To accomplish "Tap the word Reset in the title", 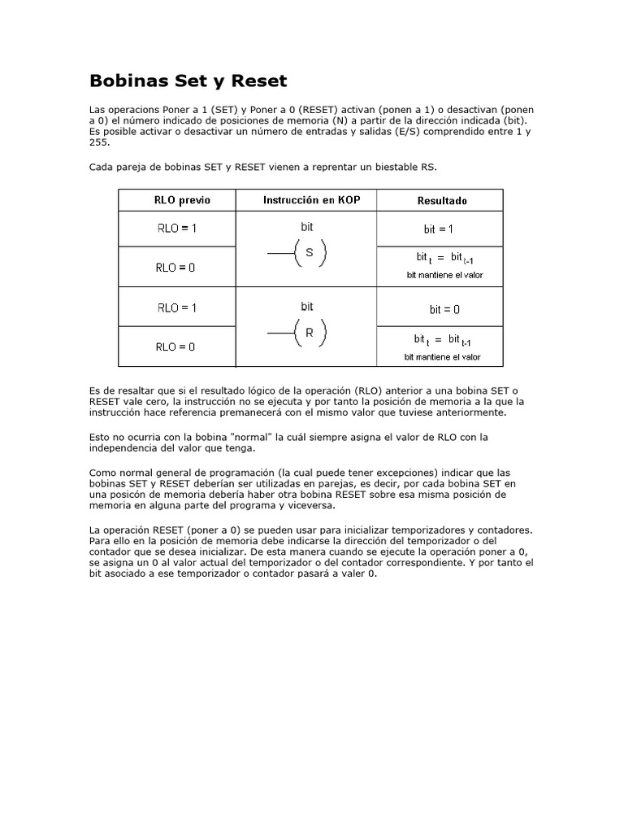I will [259, 81].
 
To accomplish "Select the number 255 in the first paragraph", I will [97, 142].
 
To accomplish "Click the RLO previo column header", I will [176, 200].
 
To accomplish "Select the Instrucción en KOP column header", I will [305, 200].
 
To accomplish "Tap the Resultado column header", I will [442, 200].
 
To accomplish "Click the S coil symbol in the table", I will [308, 254].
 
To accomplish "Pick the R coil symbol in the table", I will [308, 333].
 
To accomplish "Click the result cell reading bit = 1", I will [439, 229].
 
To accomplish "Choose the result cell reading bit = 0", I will [444, 309].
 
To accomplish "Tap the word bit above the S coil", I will [307, 228].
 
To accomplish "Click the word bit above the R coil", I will [307, 307].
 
